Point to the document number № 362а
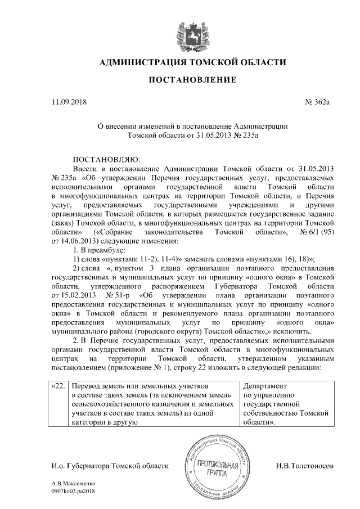(316, 102)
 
